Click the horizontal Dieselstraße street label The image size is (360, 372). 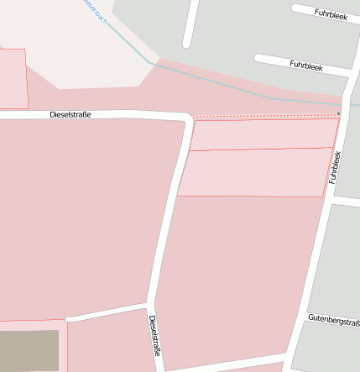[70, 114]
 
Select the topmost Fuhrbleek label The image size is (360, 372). [330, 13]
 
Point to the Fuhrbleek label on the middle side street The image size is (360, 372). [306, 65]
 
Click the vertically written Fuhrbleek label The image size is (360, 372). [335, 167]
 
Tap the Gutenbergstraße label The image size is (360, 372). [333, 320]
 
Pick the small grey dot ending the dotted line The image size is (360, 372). [338, 113]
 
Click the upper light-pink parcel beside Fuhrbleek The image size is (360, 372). [264, 134]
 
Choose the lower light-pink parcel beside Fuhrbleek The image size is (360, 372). [256, 173]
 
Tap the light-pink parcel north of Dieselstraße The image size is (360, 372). [12, 78]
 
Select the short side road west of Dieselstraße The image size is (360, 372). [107, 312]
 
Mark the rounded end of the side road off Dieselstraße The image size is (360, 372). [68, 318]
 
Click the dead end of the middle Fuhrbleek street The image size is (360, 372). [258, 59]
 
